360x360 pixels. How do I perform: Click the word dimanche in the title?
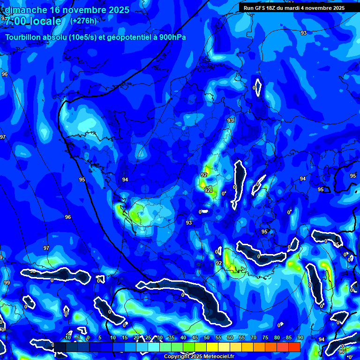(26, 10)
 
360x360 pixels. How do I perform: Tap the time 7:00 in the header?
(16, 21)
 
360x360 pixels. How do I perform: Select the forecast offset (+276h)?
(83, 21)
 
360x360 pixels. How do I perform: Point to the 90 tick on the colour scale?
(300, 338)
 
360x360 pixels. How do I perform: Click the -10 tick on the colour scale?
(67, 338)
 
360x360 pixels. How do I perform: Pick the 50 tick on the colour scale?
(207, 338)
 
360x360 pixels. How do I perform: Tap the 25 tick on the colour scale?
(148, 338)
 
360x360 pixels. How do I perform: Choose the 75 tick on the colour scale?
(265, 338)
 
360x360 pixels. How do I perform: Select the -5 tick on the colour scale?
(78, 338)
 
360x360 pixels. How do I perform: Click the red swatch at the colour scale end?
(294, 347)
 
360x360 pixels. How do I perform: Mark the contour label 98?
(33, 271)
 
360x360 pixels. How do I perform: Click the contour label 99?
(7, 283)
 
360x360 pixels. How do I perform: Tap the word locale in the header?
(45, 21)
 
